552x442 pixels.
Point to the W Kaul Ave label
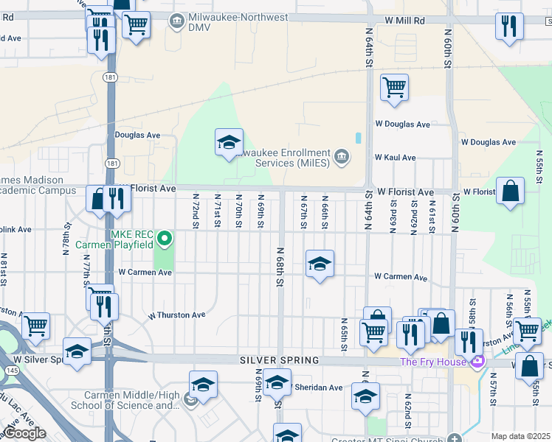coord(395,158)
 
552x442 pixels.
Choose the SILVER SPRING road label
coord(280,360)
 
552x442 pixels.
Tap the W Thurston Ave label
coord(176,315)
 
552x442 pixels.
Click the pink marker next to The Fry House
coord(477,362)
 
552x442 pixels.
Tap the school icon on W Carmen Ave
coord(319,264)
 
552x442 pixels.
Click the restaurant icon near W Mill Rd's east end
coord(508,27)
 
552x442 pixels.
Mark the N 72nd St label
coord(196,211)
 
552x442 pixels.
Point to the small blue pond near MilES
coord(358,138)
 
